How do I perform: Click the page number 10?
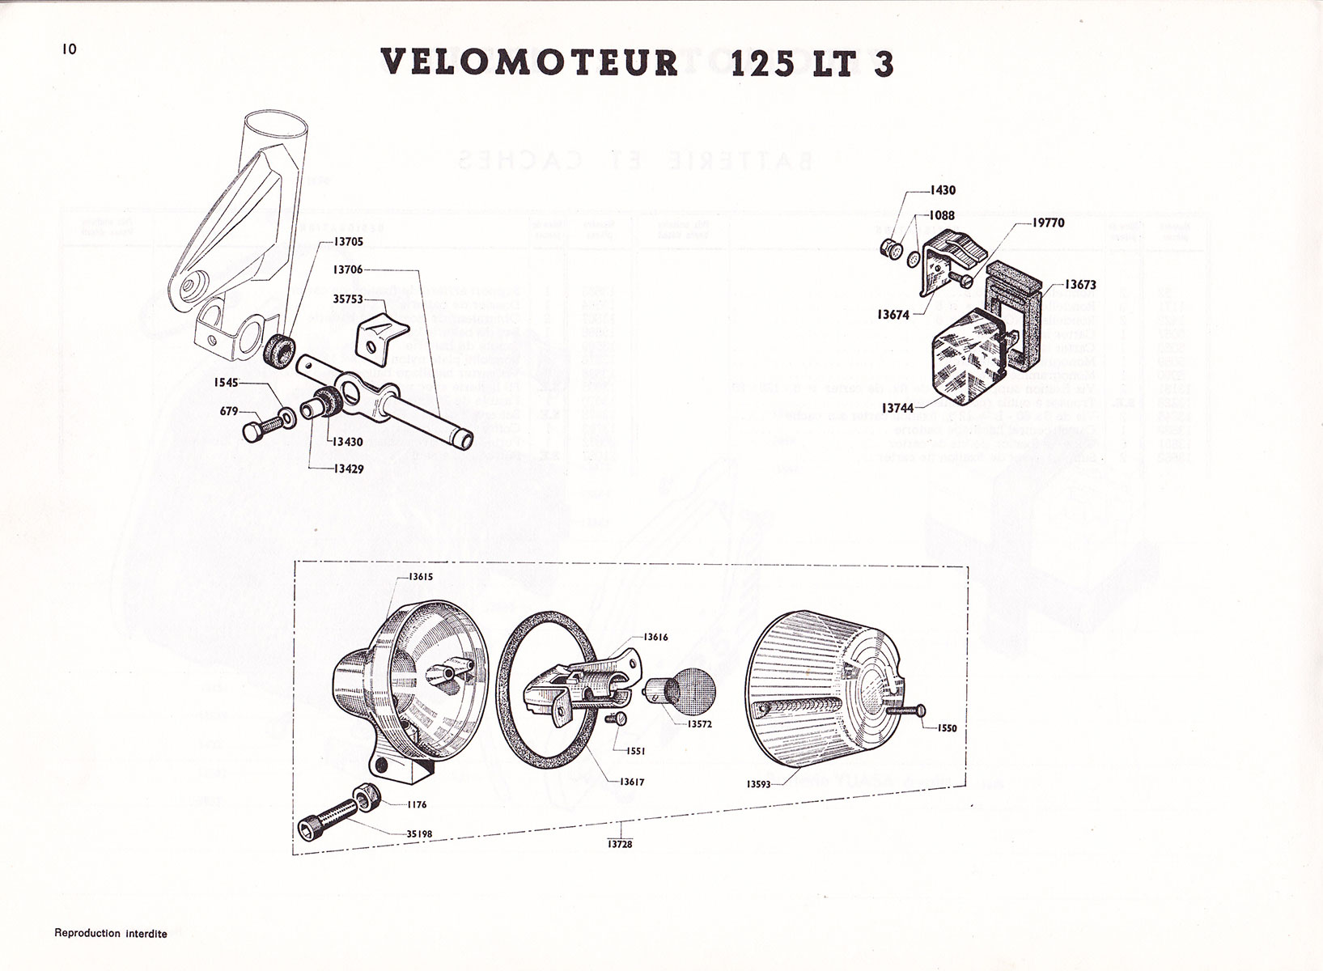68,49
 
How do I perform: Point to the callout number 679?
230,412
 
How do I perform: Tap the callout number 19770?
1049,223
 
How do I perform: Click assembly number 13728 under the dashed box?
621,844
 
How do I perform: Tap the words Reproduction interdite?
111,934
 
